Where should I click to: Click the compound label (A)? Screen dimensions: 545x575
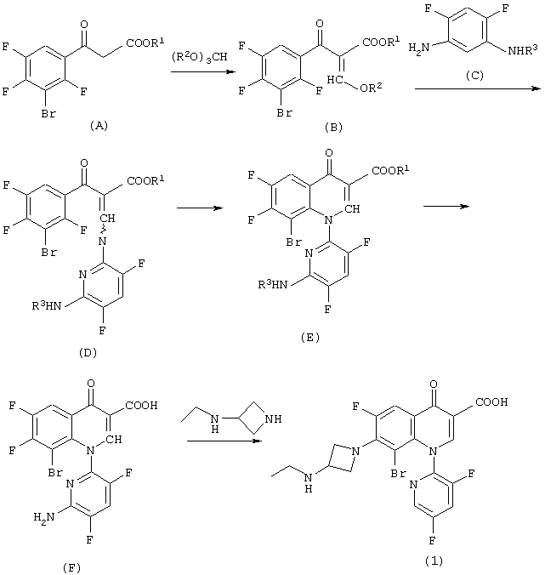(99, 126)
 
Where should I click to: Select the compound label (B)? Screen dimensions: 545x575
(333, 127)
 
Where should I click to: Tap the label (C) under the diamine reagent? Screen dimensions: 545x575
(474, 75)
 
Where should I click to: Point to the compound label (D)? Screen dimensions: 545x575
(88, 352)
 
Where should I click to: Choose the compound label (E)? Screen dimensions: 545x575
(310, 337)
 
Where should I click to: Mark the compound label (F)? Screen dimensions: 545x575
(71, 568)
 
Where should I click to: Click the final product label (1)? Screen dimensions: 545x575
(434, 561)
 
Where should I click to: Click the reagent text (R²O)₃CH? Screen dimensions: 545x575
(200, 57)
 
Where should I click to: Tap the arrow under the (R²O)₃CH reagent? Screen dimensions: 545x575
(203, 71)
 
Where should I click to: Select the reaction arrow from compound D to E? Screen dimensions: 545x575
(200, 208)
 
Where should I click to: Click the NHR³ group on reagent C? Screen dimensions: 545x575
(523, 50)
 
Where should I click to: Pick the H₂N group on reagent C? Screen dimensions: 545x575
(419, 48)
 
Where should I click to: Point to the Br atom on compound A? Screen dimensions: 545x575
(48, 114)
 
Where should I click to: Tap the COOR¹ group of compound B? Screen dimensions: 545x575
(381, 42)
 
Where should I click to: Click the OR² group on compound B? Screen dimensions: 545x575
(371, 88)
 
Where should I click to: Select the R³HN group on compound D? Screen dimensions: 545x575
(47, 305)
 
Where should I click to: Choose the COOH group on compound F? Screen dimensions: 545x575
(141, 405)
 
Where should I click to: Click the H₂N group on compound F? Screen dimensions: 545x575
(44, 517)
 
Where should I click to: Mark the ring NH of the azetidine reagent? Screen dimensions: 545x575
(273, 418)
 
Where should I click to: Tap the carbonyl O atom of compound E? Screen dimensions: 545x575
(329, 152)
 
